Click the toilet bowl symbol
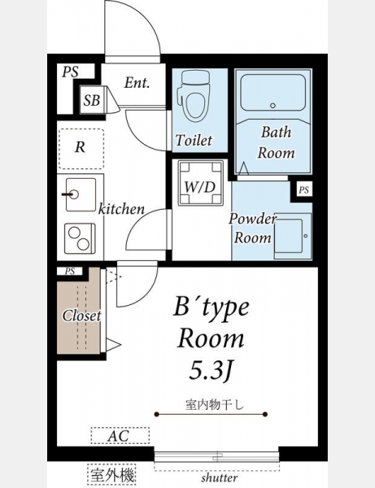pyautogui.click(x=194, y=96)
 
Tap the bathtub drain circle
pyautogui.click(x=273, y=106)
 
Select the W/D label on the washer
pyautogui.click(x=200, y=187)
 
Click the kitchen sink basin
pyautogui.click(x=81, y=195)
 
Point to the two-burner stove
pyautogui.click(x=80, y=238)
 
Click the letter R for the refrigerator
pyautogui.click(x=80, y=147)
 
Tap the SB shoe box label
pyautogui.click(x=91, y=100)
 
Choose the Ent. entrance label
pyautogui.click(x=137, y=83)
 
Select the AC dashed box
pyautogui.click(x=120, y=435)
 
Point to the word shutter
pyautogui.click(x=220, y=477)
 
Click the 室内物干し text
pyautogui.click(x=215, y=404)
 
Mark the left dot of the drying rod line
pyautogui.click(x=157, y=414)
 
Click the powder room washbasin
pyautogui.click(x=293, y=236)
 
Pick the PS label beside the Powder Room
pyautogui.click(x=303, y=190)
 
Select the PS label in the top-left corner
pyautogui.click(x=70, y=72)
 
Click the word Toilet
pyautogui.click(x=194, y=141)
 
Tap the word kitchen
pyautogui.click(x=121, y=209)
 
